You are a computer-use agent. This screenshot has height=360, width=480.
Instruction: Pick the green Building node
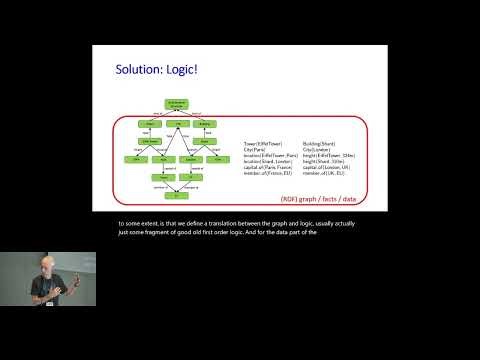click(x=206, y=125)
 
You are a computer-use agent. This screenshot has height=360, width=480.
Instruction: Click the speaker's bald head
click(x=52, y=262)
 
